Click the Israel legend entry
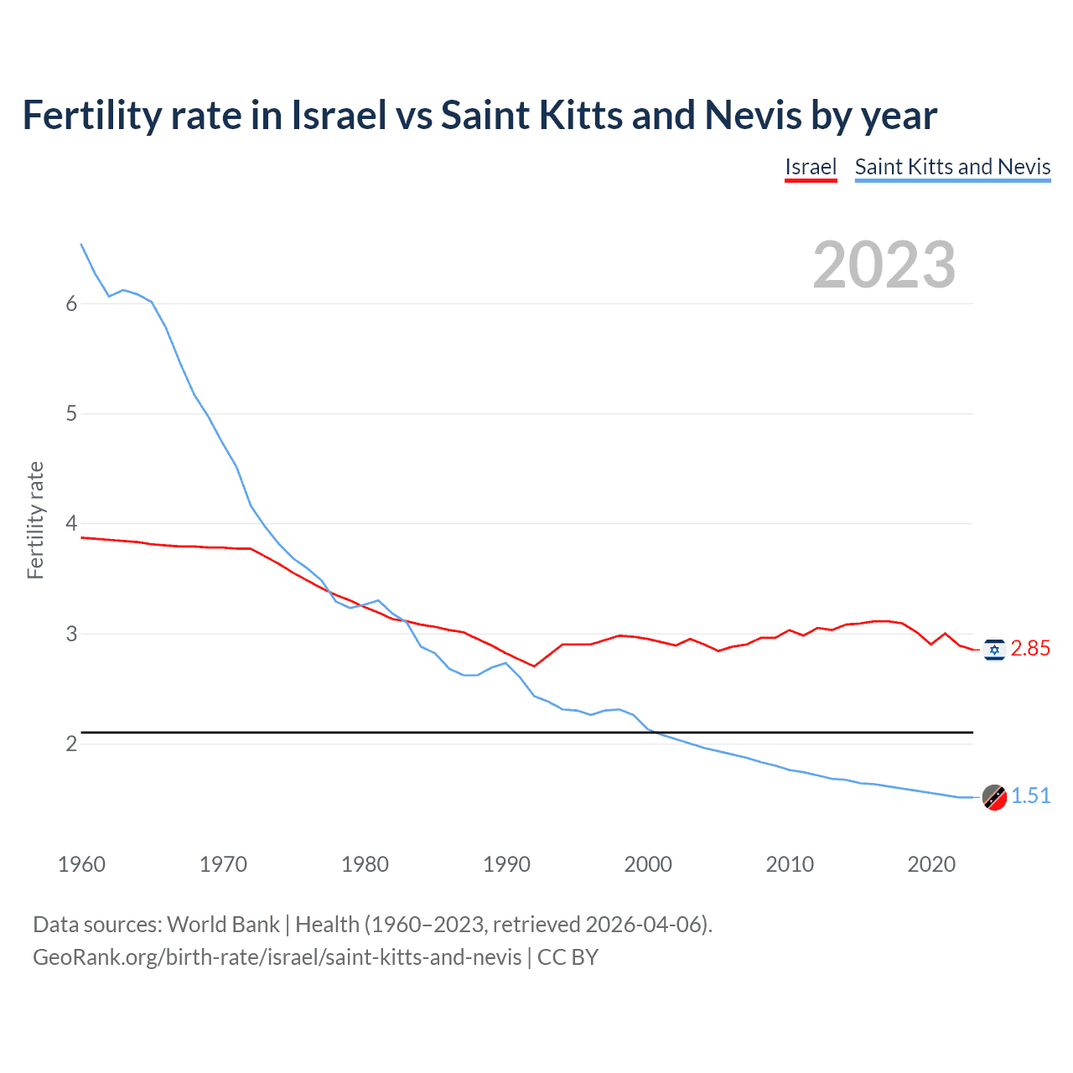[x=811, y=167]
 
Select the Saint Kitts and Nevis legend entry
[x=952, y=167]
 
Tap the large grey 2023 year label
[x=884, y=265]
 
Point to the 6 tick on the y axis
[x=71, y=304]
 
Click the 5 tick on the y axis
[x=71, y=414]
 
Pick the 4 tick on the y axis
[x=71, y=524]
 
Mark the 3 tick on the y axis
[x=71, y=634]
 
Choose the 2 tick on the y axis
[x=71, y=744]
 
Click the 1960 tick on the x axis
[x=81, y=864]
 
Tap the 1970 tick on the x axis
[x=223, y=864]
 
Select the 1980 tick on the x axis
[x=365, y=864]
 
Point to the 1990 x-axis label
[x=506, y=864]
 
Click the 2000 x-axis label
[x=648, y=864]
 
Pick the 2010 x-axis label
[x=790, y=864]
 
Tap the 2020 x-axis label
[x=931, y=864]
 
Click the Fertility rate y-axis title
[x=35, y=520]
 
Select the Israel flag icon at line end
[x=994, y=649]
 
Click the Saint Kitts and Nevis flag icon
[x=994, y=797]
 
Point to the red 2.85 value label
[x=1030, y=649]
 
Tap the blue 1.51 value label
[x=1030, y=796]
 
